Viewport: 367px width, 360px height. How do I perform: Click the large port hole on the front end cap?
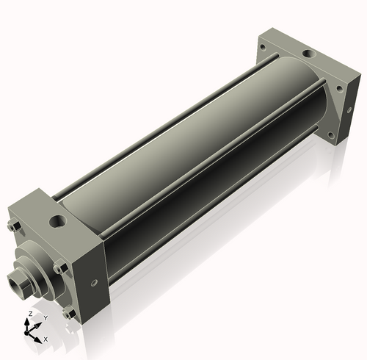[x=58, y=221]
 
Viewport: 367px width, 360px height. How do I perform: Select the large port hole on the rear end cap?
[x=310, y=53]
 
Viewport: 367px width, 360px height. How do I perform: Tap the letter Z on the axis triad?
[x=30, y=314]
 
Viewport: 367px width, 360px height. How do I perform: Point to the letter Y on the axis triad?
[x=46, y=318]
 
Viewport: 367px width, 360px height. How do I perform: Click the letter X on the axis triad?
[x=46, y=339]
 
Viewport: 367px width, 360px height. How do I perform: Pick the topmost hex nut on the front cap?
[x=15, y=227]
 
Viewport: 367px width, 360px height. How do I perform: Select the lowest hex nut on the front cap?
[x=69, y=313]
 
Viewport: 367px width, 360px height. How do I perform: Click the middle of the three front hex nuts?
[x=60, y=268]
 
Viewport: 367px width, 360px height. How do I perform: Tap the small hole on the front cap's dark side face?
[x=94, y=283]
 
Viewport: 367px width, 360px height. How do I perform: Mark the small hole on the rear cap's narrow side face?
[x=349, y=110]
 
